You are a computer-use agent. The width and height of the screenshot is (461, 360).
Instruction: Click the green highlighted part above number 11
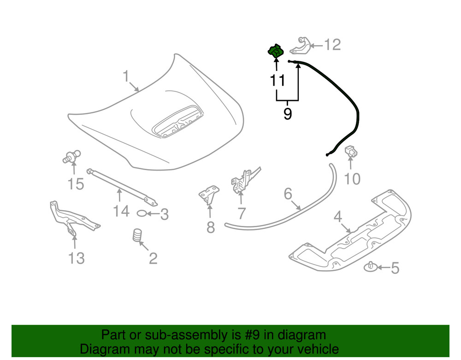pos(275,51)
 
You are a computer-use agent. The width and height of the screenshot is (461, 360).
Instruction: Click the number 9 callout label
pos(287,113)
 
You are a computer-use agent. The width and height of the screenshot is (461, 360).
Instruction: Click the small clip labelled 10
pos(351,150)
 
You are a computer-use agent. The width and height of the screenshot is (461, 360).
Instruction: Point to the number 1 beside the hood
pos(126,76)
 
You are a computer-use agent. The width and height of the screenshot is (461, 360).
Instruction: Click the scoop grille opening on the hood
pos(177,121)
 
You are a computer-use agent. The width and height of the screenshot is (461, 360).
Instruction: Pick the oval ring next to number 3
pos(143,213)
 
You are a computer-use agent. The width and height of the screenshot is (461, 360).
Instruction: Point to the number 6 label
pos(288,194)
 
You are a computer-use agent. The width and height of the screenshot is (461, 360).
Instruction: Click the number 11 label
pos(277,81)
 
